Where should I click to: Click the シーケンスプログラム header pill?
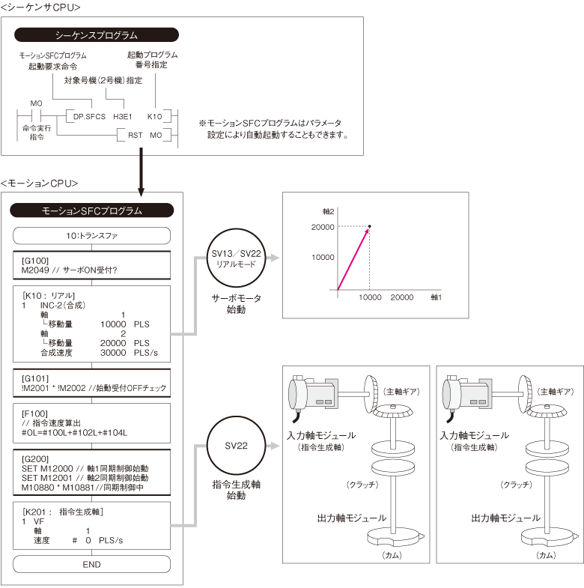click(97, 34)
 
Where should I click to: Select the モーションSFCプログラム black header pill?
click(94, 211)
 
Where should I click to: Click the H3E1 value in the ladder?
click(121, 117)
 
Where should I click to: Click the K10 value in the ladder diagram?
click(154, 117)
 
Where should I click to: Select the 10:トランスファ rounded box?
click(93, 235)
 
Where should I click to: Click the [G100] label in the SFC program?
click(35, 260)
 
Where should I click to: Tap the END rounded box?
click(93, 564)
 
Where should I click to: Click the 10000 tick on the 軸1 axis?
click(370, 297)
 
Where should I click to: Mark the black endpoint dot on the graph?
click(370, 226)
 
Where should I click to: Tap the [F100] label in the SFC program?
click(34, 413)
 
